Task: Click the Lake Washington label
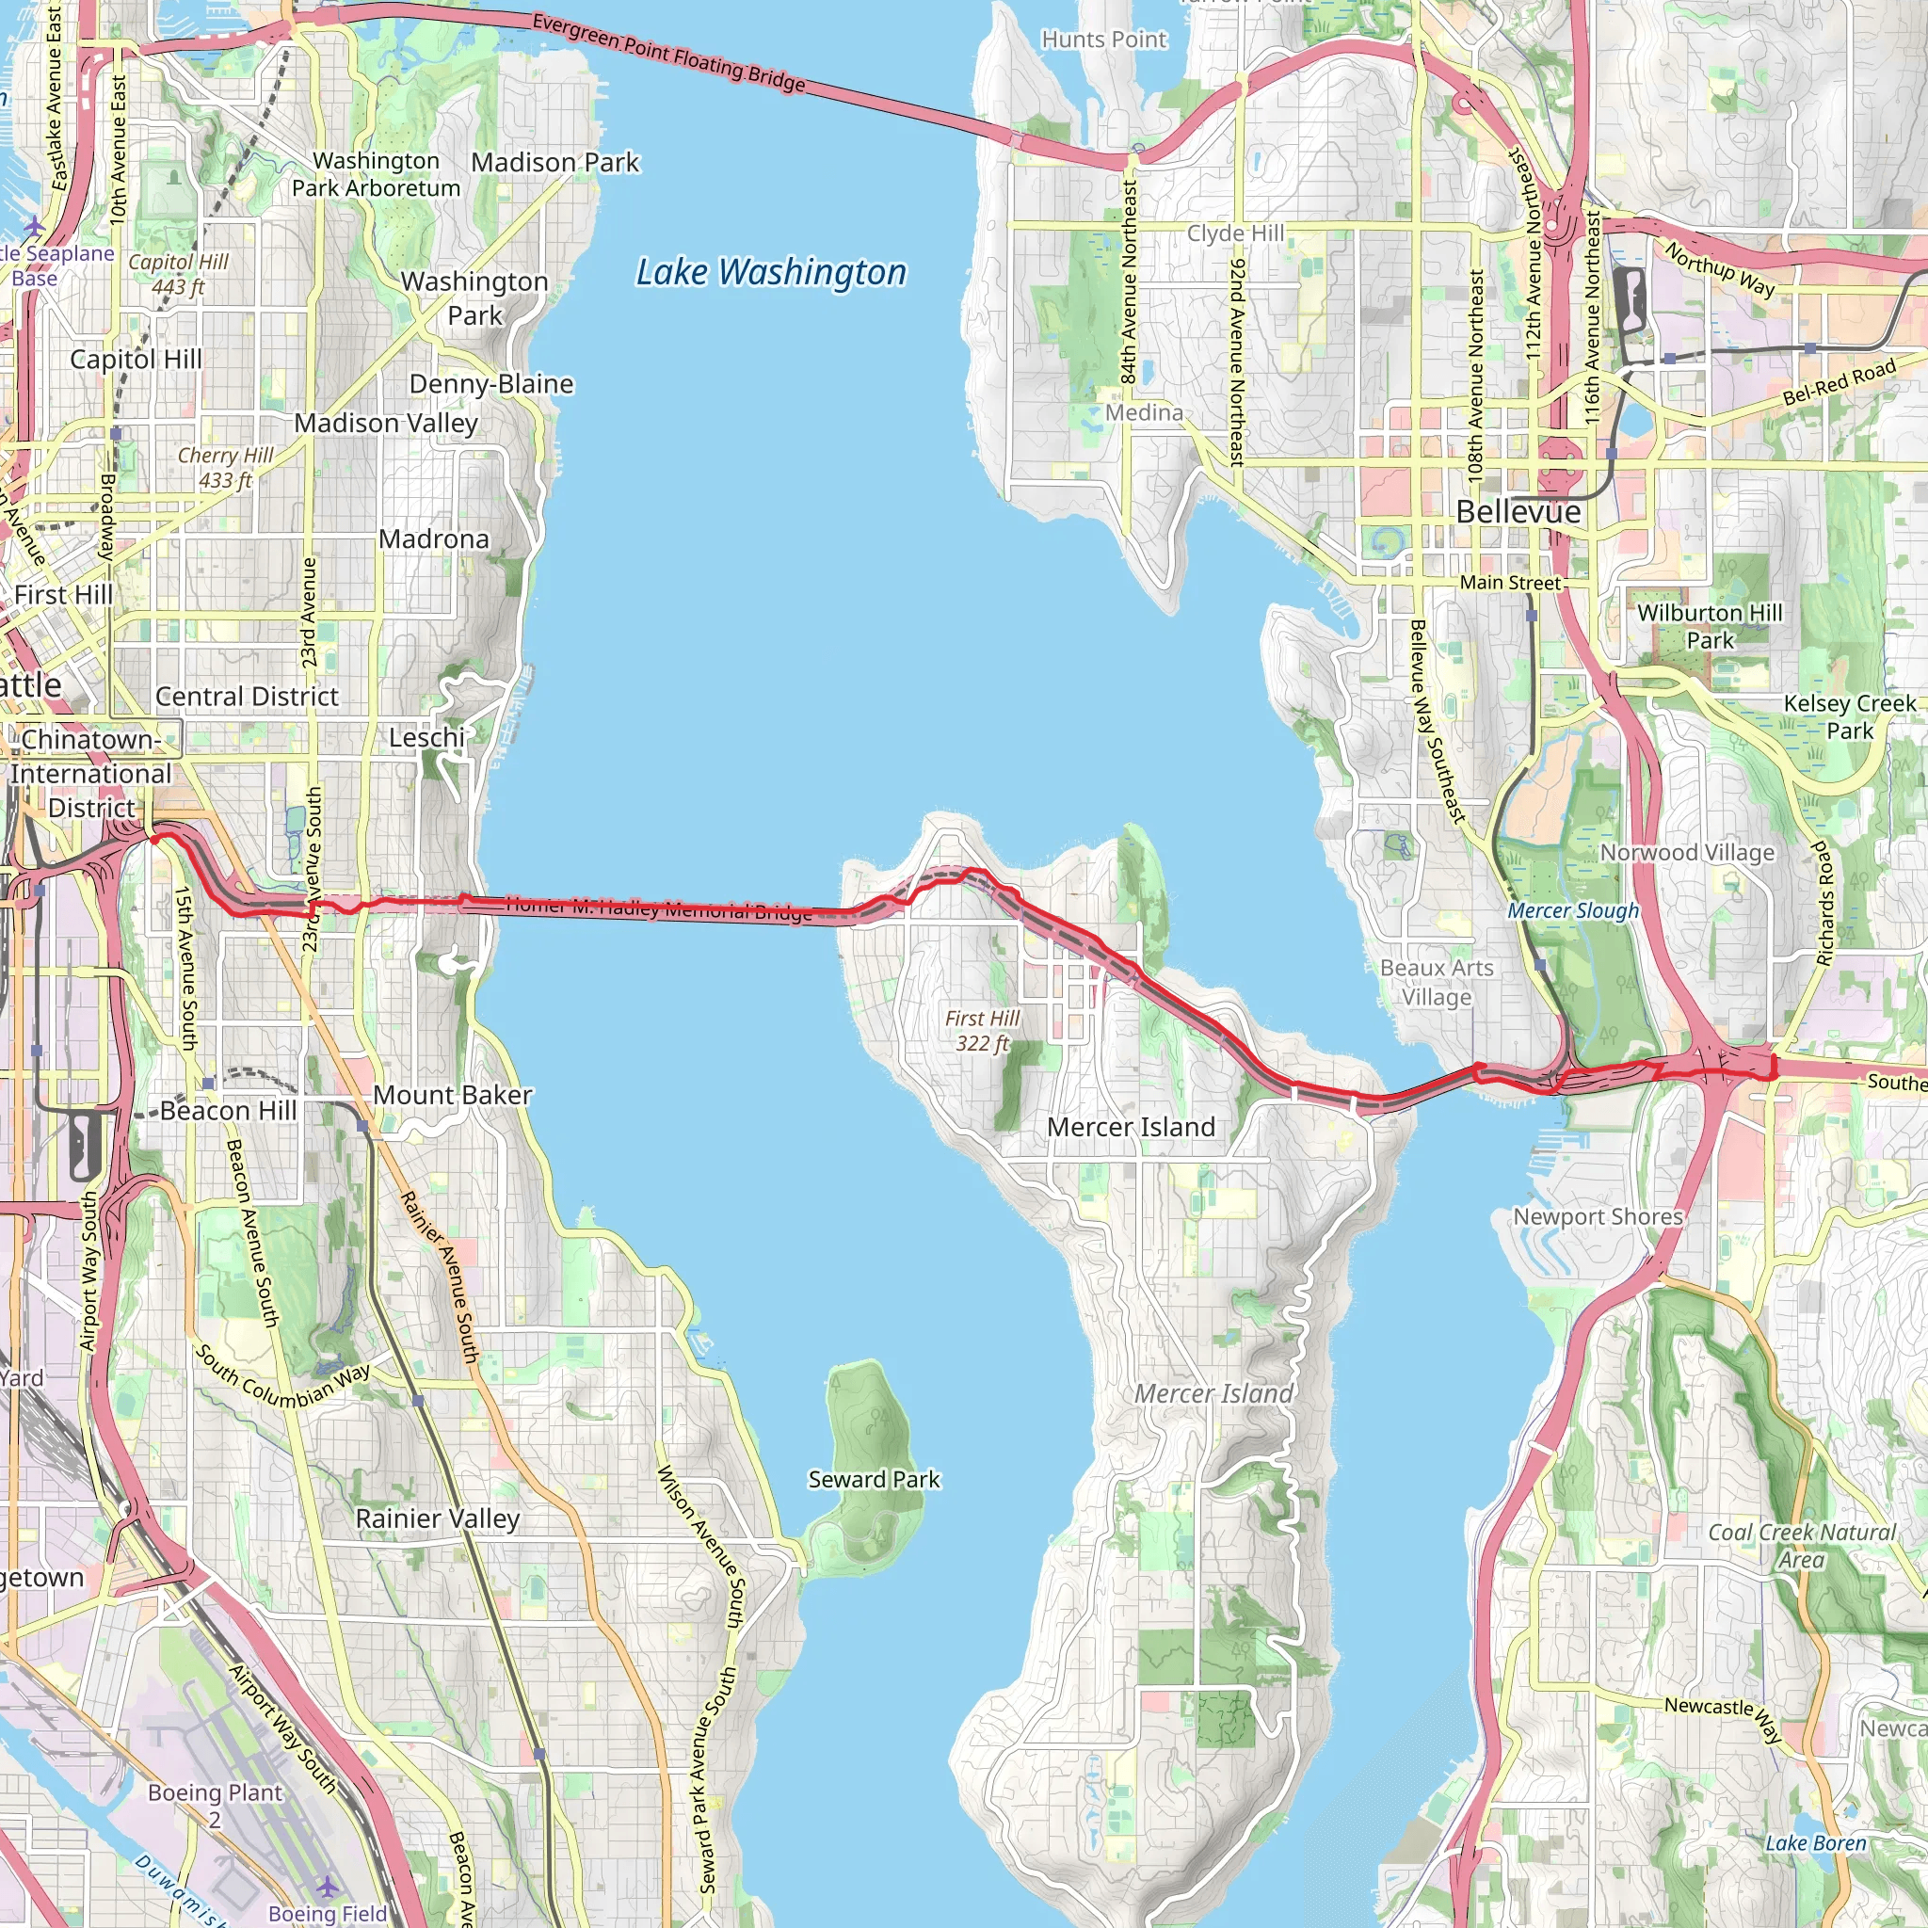coord(770,272)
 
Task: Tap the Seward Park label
coord(874,1479)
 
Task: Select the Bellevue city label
coord(1517,512)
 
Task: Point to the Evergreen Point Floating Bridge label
coord(667,52)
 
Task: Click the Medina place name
coord(1144,412)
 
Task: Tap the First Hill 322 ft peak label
coord(982,1031)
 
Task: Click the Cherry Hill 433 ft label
coord(226,467)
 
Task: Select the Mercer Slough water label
coord(1573,910)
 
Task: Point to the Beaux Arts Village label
coord(1436,982)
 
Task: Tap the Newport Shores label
coord(1598,1216)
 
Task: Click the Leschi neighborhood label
coord(427,737)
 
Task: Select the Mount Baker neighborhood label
coord(452,1095)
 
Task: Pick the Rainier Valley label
coord(437,1518)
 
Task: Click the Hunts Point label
coord(1102,39)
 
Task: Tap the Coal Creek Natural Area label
coord(1801,1546)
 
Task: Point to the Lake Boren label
coord(1815,1842)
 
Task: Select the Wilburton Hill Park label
coord(1710,626)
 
